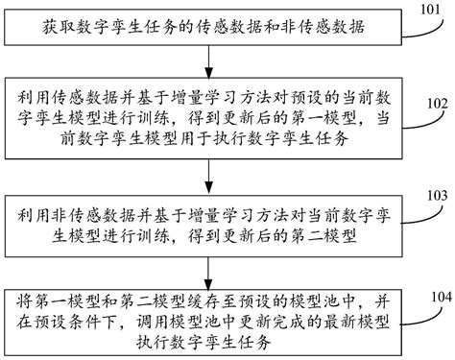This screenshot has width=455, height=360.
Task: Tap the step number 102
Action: (437, 103)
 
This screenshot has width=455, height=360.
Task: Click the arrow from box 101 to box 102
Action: (208, 60)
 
